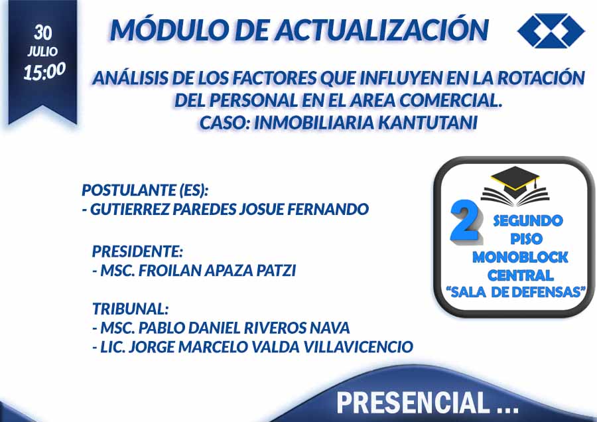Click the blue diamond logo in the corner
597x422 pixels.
coord(551,31)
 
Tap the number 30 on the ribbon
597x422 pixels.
coord(42,33)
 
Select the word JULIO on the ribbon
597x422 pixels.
coord(42,51)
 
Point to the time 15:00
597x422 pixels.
coord(44,71)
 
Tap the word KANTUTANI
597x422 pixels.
coord(428,123)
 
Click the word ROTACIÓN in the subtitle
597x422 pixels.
coord(541,78)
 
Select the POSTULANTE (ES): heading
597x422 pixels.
coord(145,190)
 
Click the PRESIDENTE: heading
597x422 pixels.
coord(137,251)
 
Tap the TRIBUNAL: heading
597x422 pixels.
coord(130,309)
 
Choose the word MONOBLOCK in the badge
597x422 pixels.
coord(520,257)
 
